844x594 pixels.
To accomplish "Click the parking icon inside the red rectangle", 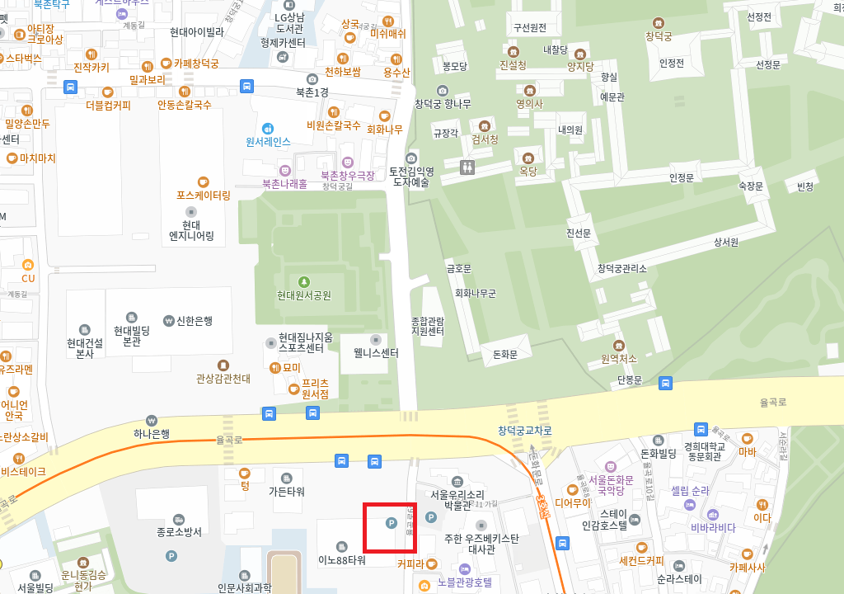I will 392,522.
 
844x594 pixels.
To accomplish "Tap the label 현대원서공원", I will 304,295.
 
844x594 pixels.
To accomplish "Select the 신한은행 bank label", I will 194,321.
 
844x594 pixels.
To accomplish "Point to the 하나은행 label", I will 152,433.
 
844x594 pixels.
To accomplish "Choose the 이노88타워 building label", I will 341,560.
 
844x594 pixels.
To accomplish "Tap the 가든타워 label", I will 286,491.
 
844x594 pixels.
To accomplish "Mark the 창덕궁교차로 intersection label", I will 525,431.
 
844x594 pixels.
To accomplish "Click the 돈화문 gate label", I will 504,354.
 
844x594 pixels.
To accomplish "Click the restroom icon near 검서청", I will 467,167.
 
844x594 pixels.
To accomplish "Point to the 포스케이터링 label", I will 203,196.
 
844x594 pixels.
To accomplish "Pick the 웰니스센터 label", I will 376,353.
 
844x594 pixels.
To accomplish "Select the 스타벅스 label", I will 23,59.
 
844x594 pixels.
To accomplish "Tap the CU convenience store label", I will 28,278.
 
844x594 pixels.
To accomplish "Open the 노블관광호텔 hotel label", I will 464,582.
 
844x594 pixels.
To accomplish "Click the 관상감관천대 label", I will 223,379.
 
